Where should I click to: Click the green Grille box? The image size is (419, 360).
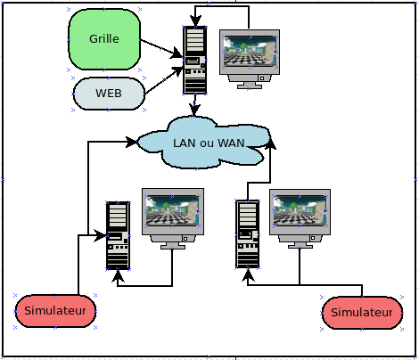click(104, 39)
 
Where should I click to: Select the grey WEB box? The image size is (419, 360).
click(109, 94)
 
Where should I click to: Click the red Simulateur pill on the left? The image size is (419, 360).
click(55, 311)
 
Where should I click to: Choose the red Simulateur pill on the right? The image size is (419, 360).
click(362, 313)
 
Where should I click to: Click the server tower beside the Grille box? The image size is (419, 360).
click(195, 61)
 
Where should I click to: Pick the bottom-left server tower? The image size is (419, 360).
click(118, 236)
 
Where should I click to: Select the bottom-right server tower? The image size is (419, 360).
click(248, 234)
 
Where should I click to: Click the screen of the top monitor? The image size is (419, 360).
click(251, 52)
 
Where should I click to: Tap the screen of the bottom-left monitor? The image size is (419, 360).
click(173, 210)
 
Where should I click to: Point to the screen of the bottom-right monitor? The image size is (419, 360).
click(300, 210)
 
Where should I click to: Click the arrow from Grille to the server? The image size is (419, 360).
click(161, 48)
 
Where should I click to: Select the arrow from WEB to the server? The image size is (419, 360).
click(164, 80)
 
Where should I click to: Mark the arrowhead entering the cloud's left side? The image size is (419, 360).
click(131, 142)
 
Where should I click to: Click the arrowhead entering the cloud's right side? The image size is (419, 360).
click(270, 143)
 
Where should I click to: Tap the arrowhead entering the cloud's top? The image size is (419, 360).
click(194, 110)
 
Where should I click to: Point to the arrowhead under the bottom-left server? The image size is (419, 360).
click(118, 276)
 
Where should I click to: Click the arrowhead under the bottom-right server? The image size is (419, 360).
click(248, 274)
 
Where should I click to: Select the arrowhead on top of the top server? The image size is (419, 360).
click(195, 20)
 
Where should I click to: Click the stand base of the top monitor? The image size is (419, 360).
click(250, 86)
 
